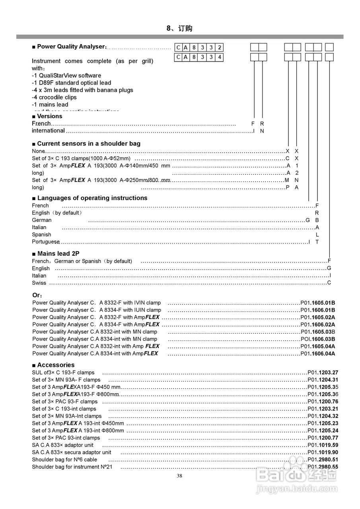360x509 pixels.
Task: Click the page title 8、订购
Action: coord(179,28)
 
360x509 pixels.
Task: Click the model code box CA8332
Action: coord(199,48)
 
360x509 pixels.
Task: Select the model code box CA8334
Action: coord(199,57)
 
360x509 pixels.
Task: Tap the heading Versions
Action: coord(50,116)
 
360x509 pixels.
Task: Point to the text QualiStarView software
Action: coord(70,76)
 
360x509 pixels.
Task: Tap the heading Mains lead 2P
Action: coord(58,254)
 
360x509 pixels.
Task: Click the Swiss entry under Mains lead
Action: coord(39,283)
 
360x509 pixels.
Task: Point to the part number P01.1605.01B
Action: coord(318,303)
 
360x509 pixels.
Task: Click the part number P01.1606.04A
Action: coord(318,354)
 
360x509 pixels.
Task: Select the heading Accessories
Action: coord(56,365)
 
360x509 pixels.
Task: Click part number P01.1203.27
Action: coord(323,373)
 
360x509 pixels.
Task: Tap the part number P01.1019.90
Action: coord(323,453)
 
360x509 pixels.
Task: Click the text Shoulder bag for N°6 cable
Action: coord(64,460)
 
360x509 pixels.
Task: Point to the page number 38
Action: coord(179,476)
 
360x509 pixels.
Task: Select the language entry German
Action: coord(42,220)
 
